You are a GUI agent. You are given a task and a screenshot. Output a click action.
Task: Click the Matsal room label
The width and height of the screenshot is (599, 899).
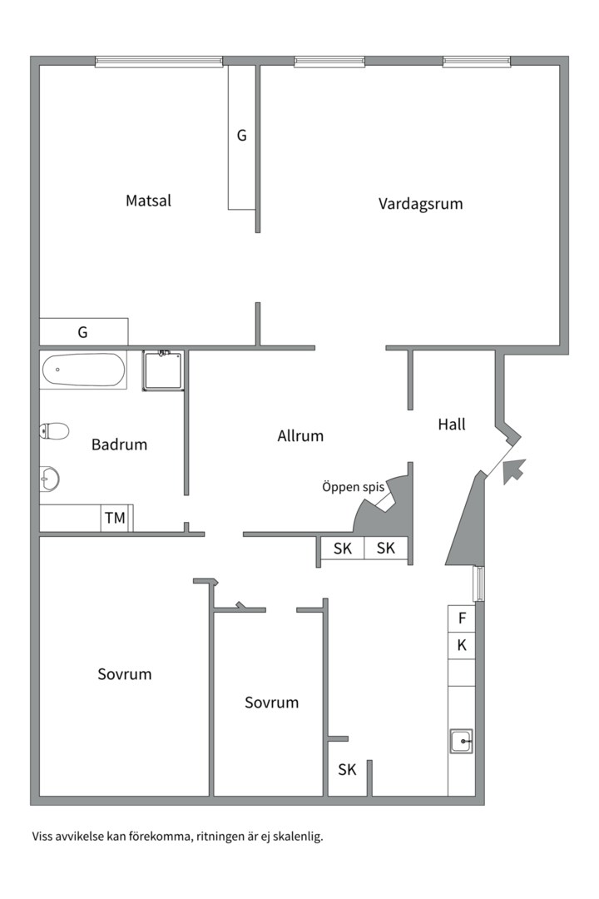[149, 201]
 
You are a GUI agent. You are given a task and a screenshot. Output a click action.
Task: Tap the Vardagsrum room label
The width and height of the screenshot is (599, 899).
[420, 203]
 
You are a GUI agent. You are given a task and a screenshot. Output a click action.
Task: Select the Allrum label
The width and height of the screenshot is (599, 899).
[300, 435]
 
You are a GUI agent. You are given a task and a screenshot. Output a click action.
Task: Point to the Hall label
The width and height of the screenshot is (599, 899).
[452, 425]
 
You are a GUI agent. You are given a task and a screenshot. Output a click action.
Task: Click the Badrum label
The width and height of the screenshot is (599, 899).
[119, 445]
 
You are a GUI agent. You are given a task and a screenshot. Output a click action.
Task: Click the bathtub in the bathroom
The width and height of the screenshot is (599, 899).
[83, 370]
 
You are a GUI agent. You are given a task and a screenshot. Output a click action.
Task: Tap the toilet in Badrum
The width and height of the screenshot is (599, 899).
[55, 431]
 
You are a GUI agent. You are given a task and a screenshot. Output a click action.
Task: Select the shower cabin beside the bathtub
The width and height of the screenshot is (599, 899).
[163, 370]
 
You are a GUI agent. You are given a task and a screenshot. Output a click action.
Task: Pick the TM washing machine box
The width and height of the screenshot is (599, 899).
[115, 519]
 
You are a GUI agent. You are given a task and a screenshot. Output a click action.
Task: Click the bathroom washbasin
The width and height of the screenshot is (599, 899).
[50, 479]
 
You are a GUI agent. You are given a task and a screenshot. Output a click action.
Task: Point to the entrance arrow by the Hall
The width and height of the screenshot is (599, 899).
[514, 471]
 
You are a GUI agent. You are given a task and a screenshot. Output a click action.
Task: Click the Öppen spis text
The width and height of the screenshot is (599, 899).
[354, 487]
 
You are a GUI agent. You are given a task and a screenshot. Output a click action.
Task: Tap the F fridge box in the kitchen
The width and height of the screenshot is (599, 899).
[462, 618]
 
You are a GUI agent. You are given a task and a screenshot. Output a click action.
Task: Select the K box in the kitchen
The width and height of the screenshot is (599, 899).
[462, 645]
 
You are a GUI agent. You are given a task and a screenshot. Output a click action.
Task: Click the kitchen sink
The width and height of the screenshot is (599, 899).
[462, 740]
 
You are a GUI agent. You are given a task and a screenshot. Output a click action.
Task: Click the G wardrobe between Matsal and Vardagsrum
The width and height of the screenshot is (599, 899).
[242, 136]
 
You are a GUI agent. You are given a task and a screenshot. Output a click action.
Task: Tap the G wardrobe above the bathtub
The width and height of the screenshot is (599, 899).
[83, 332]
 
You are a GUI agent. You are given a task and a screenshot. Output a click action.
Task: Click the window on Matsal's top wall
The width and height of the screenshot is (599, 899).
[159, 62]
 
